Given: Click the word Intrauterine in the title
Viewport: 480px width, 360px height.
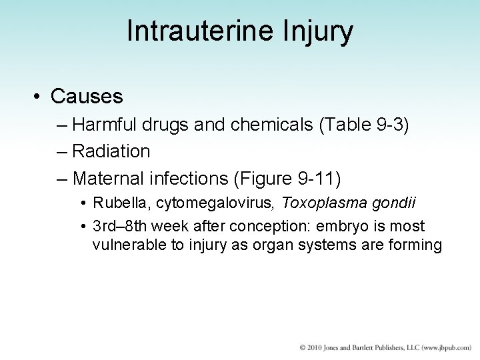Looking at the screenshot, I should [193, 31].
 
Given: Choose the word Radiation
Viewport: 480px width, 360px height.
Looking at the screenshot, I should [111, 151].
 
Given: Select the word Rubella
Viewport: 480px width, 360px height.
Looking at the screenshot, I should [117, 202].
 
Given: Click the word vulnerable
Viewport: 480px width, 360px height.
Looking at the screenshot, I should [126, 245].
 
